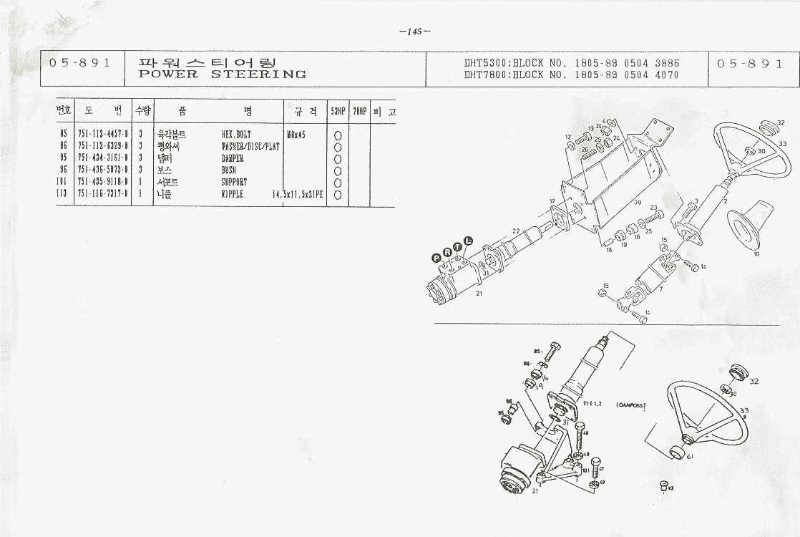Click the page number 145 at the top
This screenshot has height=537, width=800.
pos(414,32)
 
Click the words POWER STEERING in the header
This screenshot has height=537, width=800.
pos(222,74)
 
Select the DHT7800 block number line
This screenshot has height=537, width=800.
pos(571,74)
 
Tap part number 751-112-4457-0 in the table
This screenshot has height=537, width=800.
pos(103,134)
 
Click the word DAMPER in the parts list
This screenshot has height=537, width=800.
pos(233,158)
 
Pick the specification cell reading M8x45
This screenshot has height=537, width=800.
pos(296,134)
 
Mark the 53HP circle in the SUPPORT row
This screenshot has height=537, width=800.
pos(338,183)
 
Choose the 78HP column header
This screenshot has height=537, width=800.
pos(359,111)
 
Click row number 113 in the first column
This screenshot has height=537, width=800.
pos(63,194)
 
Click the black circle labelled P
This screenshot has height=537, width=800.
pos(436,258)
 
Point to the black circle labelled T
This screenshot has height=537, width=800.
pos(457,246)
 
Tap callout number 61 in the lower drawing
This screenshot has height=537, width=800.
pos(689,455)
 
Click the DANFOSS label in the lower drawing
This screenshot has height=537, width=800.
pos(630,405)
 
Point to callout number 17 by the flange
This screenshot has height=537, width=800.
pos(552,201)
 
